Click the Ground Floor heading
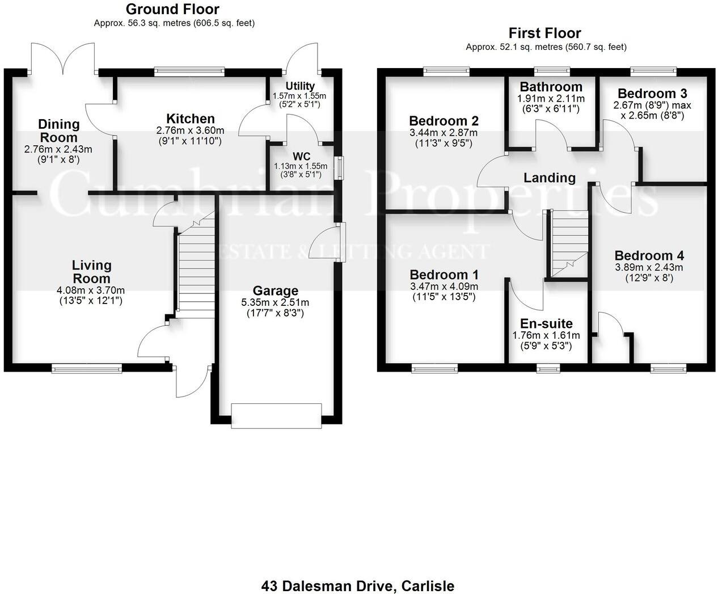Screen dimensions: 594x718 172,9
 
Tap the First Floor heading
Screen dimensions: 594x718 544,33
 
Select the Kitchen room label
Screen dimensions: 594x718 190,119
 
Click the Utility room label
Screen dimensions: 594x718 300,86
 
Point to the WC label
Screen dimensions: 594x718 301,156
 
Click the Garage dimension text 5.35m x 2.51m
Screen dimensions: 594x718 275,302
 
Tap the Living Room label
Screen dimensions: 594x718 91,272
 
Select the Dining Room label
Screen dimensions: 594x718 58,130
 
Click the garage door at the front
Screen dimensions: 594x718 276,415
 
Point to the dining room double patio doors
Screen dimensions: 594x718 62,58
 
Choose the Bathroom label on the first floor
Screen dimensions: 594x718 551,87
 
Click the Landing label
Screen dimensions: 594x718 549,178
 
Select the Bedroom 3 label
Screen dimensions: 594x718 648,94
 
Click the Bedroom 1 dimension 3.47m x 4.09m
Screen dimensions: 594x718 444,287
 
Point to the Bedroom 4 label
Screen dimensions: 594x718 649,255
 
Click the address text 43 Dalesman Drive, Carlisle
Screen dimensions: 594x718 358,585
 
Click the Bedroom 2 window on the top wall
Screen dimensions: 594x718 446,71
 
